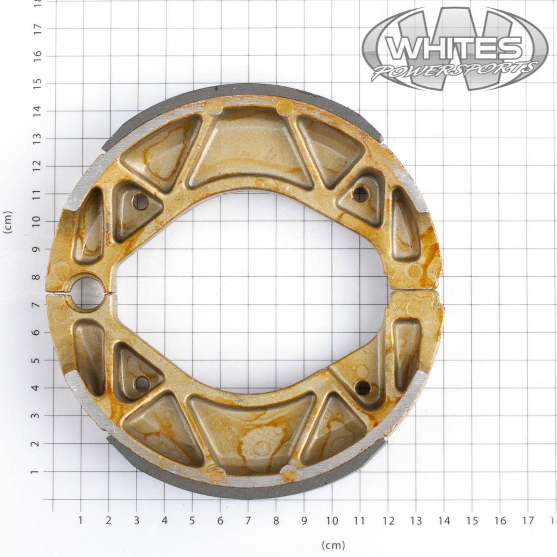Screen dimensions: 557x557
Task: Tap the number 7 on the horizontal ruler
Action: pyautogui.click(x=248, y=520)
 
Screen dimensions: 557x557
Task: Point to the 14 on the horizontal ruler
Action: pyautogui.click(x=444, y=521)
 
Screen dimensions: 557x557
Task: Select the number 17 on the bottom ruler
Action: pyautogui.click(x=528, y=521)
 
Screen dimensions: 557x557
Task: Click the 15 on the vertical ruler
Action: pyautogui.click(x=38, y=84)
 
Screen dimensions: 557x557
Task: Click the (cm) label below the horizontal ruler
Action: pyautogui.click(x=333, y=545)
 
